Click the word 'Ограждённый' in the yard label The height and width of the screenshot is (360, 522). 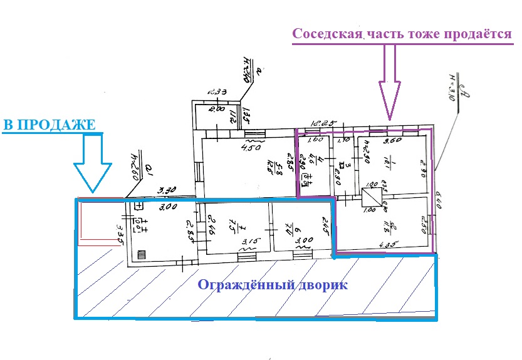pyautogui.click(x=241, y=285)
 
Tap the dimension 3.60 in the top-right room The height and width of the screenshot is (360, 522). pyautogui.click(x=392, y=141)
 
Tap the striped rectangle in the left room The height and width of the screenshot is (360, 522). pyautogui.click(x=142, y=255)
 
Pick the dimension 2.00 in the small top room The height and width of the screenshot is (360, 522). pyautogui.click(x=216, y=109)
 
